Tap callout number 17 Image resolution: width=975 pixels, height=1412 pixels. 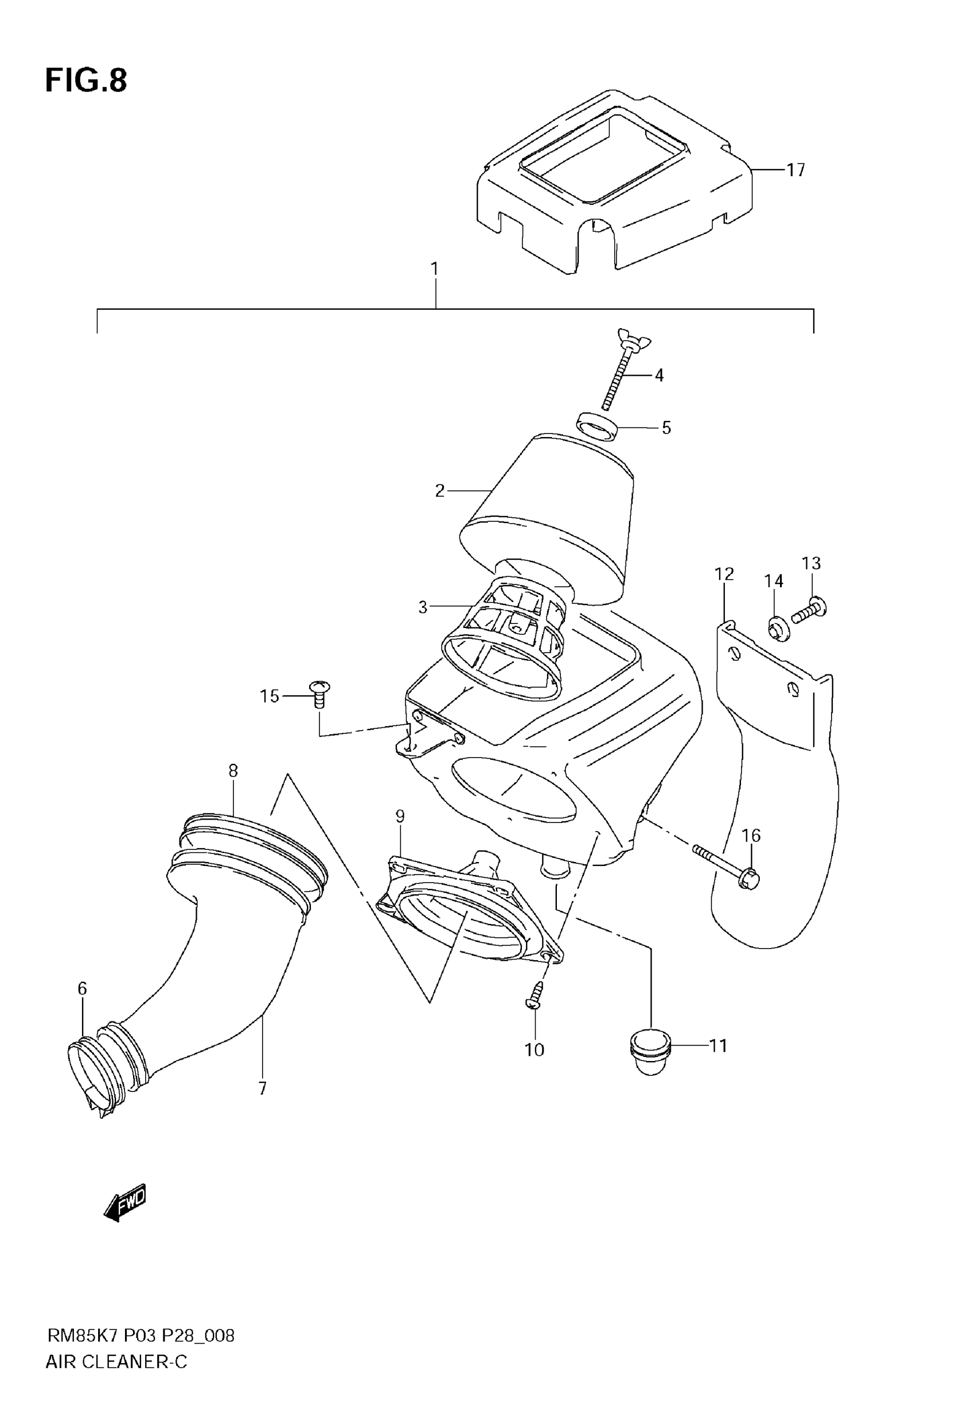pyautogui.click(x=795, y=170)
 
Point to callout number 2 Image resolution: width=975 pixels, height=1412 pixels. pyautogui.click(x=440, y=490)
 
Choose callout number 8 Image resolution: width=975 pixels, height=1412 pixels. pyautogui.click(x=233, y=771)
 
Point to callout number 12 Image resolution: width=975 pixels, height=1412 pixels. pyautogui.click(x=724, y=574)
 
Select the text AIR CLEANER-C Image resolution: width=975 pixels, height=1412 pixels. pyautogui.click(x=116, y=1362)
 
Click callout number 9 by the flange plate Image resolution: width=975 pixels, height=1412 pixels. pyautogui.click(x=400, y=816)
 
